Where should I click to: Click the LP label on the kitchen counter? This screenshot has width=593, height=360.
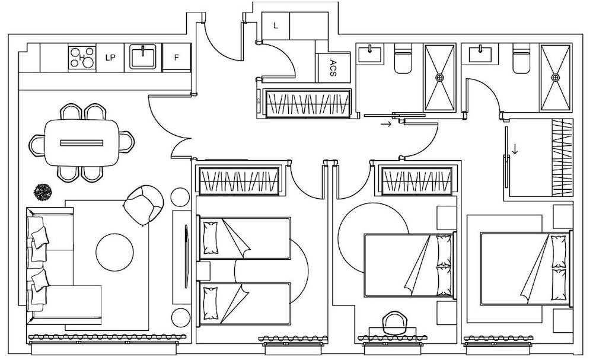pyautogui.click(x=110, y=58)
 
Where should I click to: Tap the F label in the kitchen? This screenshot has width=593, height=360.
pyautogui.click(x=176, y=58)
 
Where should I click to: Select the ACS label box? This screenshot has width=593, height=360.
pyautogui.click(x=333, y=68)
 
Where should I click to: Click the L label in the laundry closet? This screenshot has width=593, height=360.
pyautogui.click(x=276, y=26)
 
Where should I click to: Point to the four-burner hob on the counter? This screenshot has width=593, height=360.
pyautogui.click(x=82, y=57)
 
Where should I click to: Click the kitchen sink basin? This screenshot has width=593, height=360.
pyautogui.click(x=143, y=57)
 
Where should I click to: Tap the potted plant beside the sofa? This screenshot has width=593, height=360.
pyautogui.click(x=42, y=192)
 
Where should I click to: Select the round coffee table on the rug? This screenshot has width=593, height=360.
pyautogui.click(x=114, y=252)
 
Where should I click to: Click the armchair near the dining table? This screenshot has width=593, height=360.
pyautogui.click(x=144, y=205)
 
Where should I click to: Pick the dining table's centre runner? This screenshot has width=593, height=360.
pyautogui.click(x=82, y=143)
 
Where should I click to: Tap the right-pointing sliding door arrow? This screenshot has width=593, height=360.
pyautogui.click(x=386, y=124)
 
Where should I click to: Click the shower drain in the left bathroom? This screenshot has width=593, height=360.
pyautogui.click(x=439, y=78)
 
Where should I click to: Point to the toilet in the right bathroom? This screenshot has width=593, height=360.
pyautogui.click(x=522, y=58)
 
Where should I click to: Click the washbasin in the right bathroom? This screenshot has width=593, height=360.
pyautogui.click(x=481, y=53)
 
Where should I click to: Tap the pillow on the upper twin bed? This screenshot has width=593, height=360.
pyautogui.click(x=211, y=238)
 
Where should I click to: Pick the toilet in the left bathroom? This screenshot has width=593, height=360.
pyautogui.click(x=404, y=58)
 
